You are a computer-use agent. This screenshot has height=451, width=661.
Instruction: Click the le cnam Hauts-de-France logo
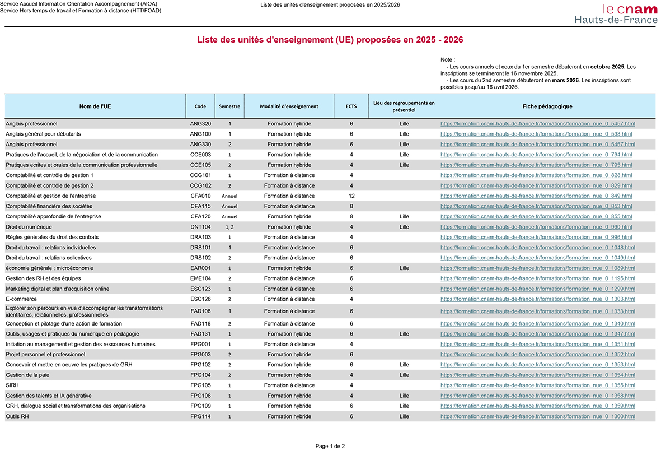616,14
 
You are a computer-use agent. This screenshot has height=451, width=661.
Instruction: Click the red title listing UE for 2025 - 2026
330,40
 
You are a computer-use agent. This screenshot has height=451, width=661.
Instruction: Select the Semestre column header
229,106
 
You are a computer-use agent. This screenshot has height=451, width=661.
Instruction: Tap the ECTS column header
351,106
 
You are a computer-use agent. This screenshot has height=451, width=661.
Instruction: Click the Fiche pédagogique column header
547,106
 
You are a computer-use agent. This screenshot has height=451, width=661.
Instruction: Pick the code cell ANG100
200,134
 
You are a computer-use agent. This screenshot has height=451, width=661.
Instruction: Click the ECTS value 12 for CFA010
351,196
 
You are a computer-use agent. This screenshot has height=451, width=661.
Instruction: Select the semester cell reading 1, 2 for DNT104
229,227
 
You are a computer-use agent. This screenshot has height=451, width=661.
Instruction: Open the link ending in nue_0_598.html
536,134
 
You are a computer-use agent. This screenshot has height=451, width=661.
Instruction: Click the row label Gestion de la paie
27,375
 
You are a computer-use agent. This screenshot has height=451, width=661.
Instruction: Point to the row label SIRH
12,385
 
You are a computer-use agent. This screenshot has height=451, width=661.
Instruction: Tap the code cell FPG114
200,416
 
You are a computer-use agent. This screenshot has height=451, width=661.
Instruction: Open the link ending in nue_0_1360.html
537,416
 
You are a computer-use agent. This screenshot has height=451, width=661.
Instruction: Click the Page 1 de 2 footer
330,446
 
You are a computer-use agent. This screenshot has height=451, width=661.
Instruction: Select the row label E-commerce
21,299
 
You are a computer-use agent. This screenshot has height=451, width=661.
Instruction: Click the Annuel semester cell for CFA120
229,216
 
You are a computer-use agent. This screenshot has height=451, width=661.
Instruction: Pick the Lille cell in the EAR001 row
404,268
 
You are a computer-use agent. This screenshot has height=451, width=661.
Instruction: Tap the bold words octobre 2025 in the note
607,67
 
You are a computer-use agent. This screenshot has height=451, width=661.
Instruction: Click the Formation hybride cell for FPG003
289,355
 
